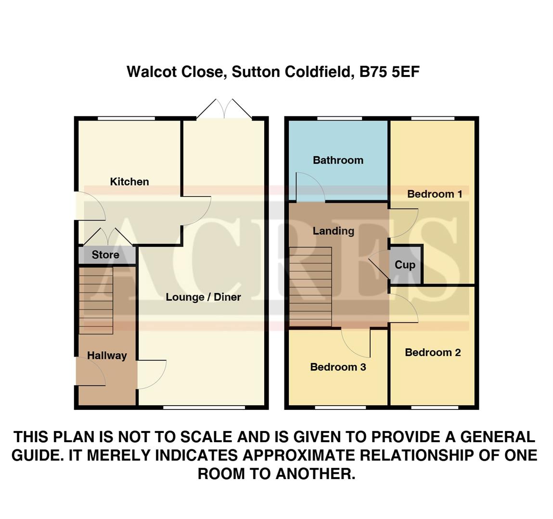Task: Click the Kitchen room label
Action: (x=129, y=182)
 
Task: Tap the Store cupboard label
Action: (x=105, y=255)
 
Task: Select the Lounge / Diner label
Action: (x=203, y=297)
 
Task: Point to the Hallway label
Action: (x=107, y=356)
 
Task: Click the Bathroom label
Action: (x=338, y=160)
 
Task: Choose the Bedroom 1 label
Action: (x=435, y=194)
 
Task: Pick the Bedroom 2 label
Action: (x=433, y=352)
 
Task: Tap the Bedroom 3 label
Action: (x=338, y=367)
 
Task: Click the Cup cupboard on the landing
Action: (x=405, y=265)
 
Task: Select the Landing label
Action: (x=333, y=231)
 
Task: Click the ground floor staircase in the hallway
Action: (x=96, y=300)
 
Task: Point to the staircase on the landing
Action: (x=310, y=287)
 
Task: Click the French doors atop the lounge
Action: (x=224, y=110)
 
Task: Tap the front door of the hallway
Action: (x=90, y=371)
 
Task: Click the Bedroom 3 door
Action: (x=357, y=343)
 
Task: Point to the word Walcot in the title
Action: (x=150, y=72)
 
